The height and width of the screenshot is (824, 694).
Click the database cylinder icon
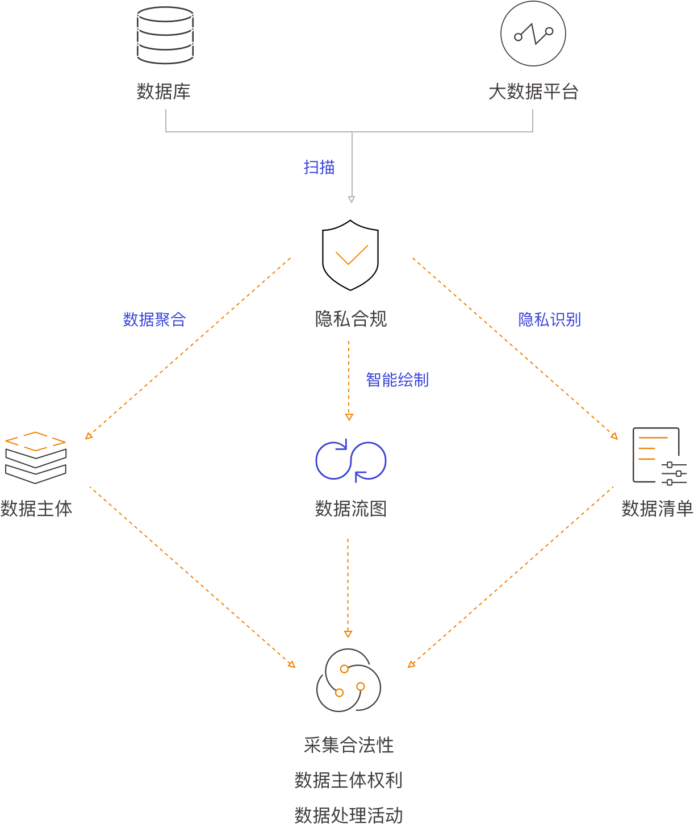tap(165, 35)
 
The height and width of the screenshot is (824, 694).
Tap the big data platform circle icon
tap(533, 34)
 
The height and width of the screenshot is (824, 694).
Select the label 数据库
tap(164, 91)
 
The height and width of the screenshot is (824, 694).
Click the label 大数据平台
tap(533, 91)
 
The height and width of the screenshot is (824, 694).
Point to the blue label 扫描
tap(319, 167)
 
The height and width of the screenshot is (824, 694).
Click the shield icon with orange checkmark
tap(350, 254)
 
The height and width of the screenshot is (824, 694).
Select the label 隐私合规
tap(350, 319)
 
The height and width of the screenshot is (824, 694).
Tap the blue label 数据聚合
tap(154, 319)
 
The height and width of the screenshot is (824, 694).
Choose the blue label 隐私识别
tap(549, 319)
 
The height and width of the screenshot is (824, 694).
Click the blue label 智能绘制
tap(397, 380)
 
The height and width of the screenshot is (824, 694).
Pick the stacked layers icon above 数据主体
tap(36, 457)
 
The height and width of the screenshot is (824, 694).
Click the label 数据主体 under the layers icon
tap(36, 509)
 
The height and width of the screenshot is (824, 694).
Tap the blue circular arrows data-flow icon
tap(350, 460)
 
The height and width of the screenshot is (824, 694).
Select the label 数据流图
tap(350, 509)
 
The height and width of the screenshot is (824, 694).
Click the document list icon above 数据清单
tap(659, 456)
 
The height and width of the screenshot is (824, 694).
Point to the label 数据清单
tap(657, 509)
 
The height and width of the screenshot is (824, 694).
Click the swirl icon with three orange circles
tap(348, 680)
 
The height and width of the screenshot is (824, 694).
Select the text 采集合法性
tap(348, 745)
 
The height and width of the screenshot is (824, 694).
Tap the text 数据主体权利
tap(348, 780)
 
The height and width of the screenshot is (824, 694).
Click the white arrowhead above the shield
tap(352, 199)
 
